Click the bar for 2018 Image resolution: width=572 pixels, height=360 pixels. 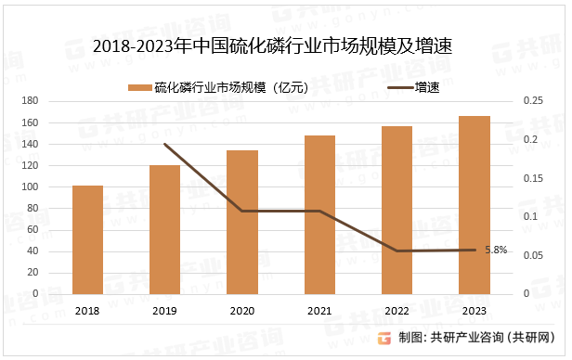click(88, 239)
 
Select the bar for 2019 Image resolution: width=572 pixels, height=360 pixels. click(165, 229)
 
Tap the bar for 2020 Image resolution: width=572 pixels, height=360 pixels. click(242, 222)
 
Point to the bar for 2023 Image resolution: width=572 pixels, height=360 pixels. click(474, 205)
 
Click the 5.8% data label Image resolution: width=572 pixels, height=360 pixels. click(497, 249)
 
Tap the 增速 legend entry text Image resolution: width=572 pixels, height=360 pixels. click(428, 88)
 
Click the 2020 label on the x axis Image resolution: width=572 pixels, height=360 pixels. click(242, 312)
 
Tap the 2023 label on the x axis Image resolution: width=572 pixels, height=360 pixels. click(474, 312)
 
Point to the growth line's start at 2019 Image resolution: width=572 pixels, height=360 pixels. click(165, 145)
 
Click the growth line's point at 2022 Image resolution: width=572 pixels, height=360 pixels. click(396, 251)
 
